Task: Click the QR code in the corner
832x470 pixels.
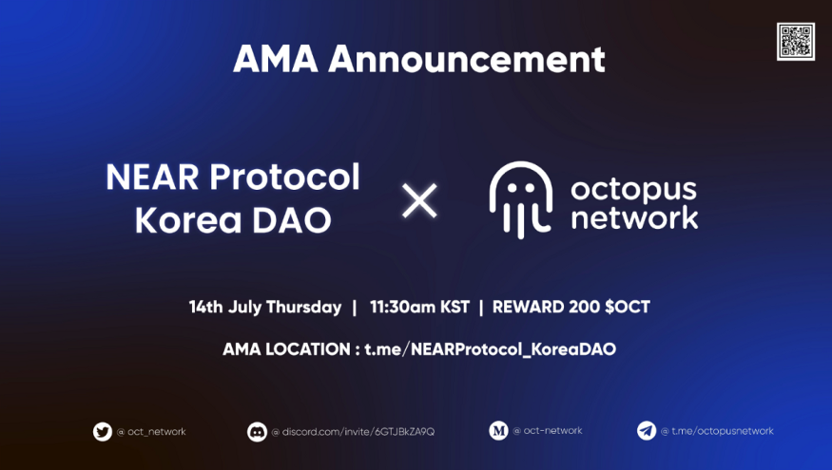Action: (795, 42)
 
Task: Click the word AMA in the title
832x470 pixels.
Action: (276, 59)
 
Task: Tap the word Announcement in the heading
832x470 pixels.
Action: (467, 59)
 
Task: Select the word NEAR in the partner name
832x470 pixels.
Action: (152, 177)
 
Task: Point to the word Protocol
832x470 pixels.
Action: (285, 177)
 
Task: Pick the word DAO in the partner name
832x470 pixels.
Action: (292, 220)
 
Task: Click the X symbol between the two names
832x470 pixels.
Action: (419, 201)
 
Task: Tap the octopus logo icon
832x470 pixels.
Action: (520, 199)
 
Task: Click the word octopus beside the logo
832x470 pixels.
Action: (633, 190)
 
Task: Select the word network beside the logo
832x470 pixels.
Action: (634, 217)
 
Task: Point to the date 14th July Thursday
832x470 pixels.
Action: (265, 308)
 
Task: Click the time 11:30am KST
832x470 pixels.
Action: (419, 307)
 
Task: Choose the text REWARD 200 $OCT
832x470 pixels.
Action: (571, 307)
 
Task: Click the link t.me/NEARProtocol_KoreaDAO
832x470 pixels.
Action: (491, 349)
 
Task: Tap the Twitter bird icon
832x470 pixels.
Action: (103, 432)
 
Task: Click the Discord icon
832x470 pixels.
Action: (257, 432)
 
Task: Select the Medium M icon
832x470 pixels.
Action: (498, 431)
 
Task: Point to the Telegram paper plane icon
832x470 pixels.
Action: (647, 431)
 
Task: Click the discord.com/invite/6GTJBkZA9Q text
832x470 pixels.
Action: (358, 432)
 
